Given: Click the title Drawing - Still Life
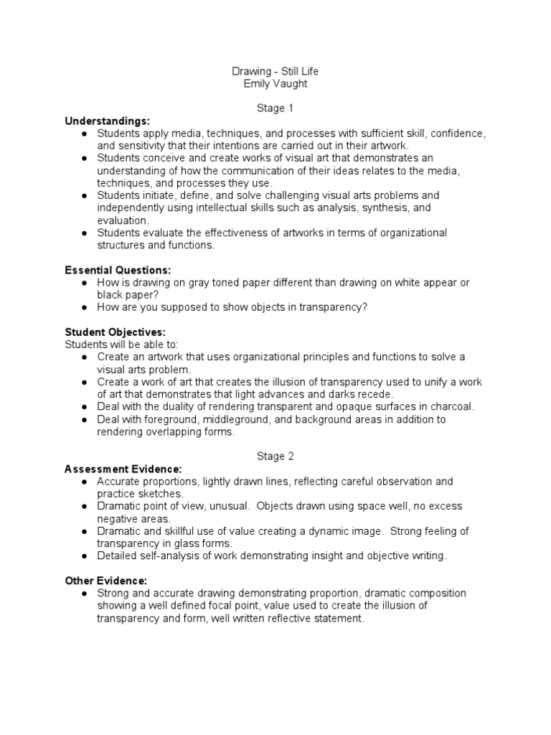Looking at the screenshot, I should point(275,71).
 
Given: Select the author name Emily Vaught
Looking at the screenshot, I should point(275,83).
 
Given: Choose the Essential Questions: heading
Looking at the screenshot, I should point(118,270).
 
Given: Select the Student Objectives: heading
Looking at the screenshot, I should point(115,332).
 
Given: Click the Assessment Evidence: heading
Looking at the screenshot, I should point(123,469).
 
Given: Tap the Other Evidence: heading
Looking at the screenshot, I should point(106,581).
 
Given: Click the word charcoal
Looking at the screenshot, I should point(451,406).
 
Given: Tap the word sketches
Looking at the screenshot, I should point(162,494).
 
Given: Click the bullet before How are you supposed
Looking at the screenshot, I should point(85,308).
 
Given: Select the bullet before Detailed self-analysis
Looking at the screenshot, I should point(85,556).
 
